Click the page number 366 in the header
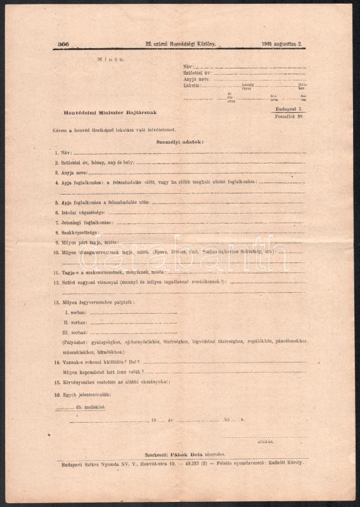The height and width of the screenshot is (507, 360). (x=63, y=44)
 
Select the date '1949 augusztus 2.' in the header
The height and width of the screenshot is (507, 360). (x=281, y=44)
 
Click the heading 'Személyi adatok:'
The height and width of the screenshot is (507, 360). (x=180, y=142)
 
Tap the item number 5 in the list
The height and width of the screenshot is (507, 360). (x=56, y=202)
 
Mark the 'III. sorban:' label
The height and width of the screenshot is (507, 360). (x=75, y=332)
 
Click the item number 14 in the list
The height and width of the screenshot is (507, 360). (x=57, y=362)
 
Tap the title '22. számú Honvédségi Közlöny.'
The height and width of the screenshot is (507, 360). (x=181, y=44)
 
